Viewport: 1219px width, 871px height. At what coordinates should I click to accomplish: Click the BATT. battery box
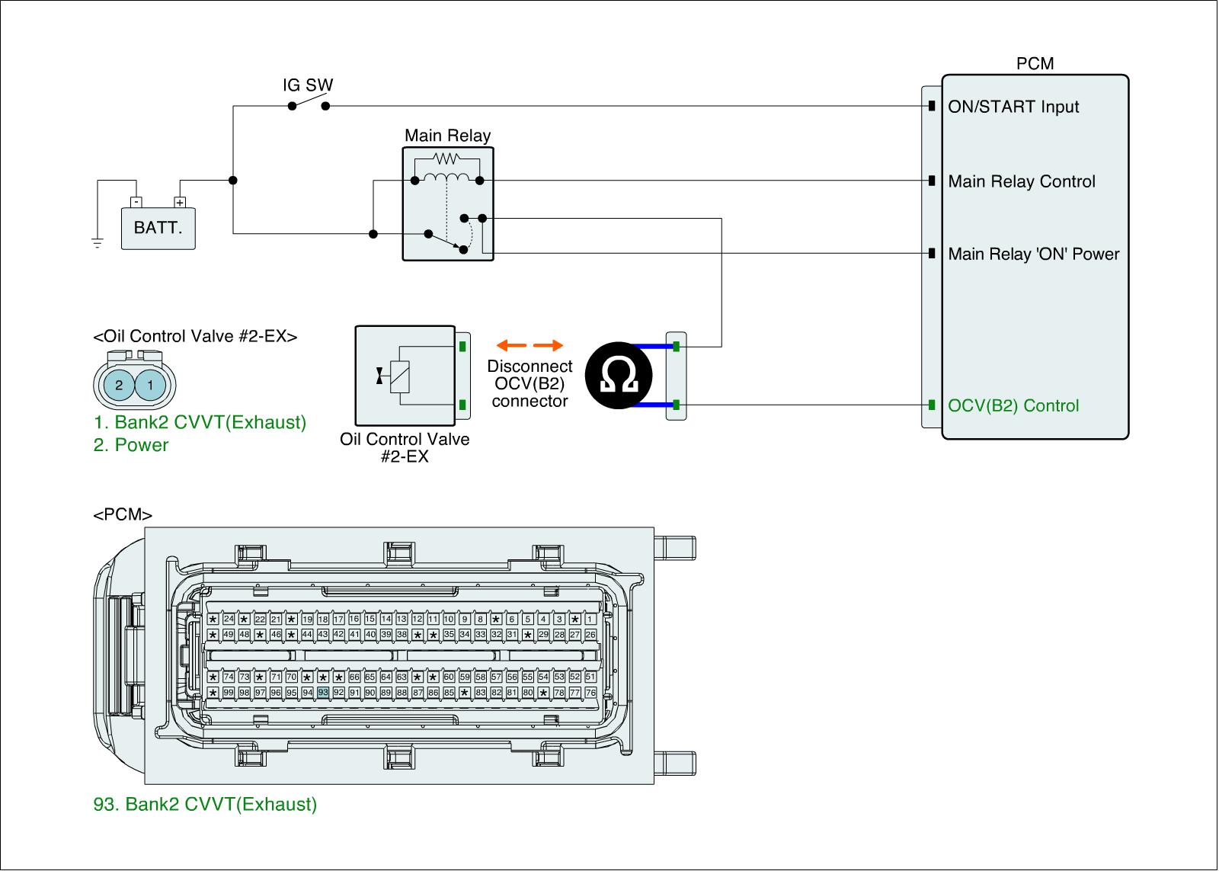click(158, 228)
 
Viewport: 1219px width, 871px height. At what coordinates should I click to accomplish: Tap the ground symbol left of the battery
click(97, 243)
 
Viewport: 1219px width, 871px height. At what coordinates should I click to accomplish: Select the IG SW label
click(308, 85)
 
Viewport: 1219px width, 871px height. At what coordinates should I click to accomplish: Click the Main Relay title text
click(447, 136)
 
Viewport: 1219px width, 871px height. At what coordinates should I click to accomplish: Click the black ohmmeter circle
click(619, 376)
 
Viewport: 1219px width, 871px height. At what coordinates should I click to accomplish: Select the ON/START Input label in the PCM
click(1013, 107)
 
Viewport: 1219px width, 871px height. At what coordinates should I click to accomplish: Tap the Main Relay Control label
click(1021, 181)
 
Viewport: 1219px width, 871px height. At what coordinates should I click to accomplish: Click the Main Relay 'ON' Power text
click(1033, 254)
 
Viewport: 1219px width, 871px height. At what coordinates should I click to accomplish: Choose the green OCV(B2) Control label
click(1013, 405)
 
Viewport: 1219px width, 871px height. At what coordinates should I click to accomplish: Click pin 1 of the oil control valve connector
click(151, 385)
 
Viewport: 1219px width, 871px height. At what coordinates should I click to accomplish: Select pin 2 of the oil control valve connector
click(119, 385)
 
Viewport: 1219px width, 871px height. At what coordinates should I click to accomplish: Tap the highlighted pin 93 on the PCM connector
click(323, 692)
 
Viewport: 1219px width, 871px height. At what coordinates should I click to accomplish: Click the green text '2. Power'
click(131, 445)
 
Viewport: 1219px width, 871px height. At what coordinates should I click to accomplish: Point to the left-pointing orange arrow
click(507, 346)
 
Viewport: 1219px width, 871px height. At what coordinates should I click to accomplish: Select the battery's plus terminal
click(180, 203)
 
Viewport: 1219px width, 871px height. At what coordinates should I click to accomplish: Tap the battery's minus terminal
click(135, 203)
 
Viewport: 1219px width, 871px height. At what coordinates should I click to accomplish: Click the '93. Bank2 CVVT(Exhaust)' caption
click(205, 804)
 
